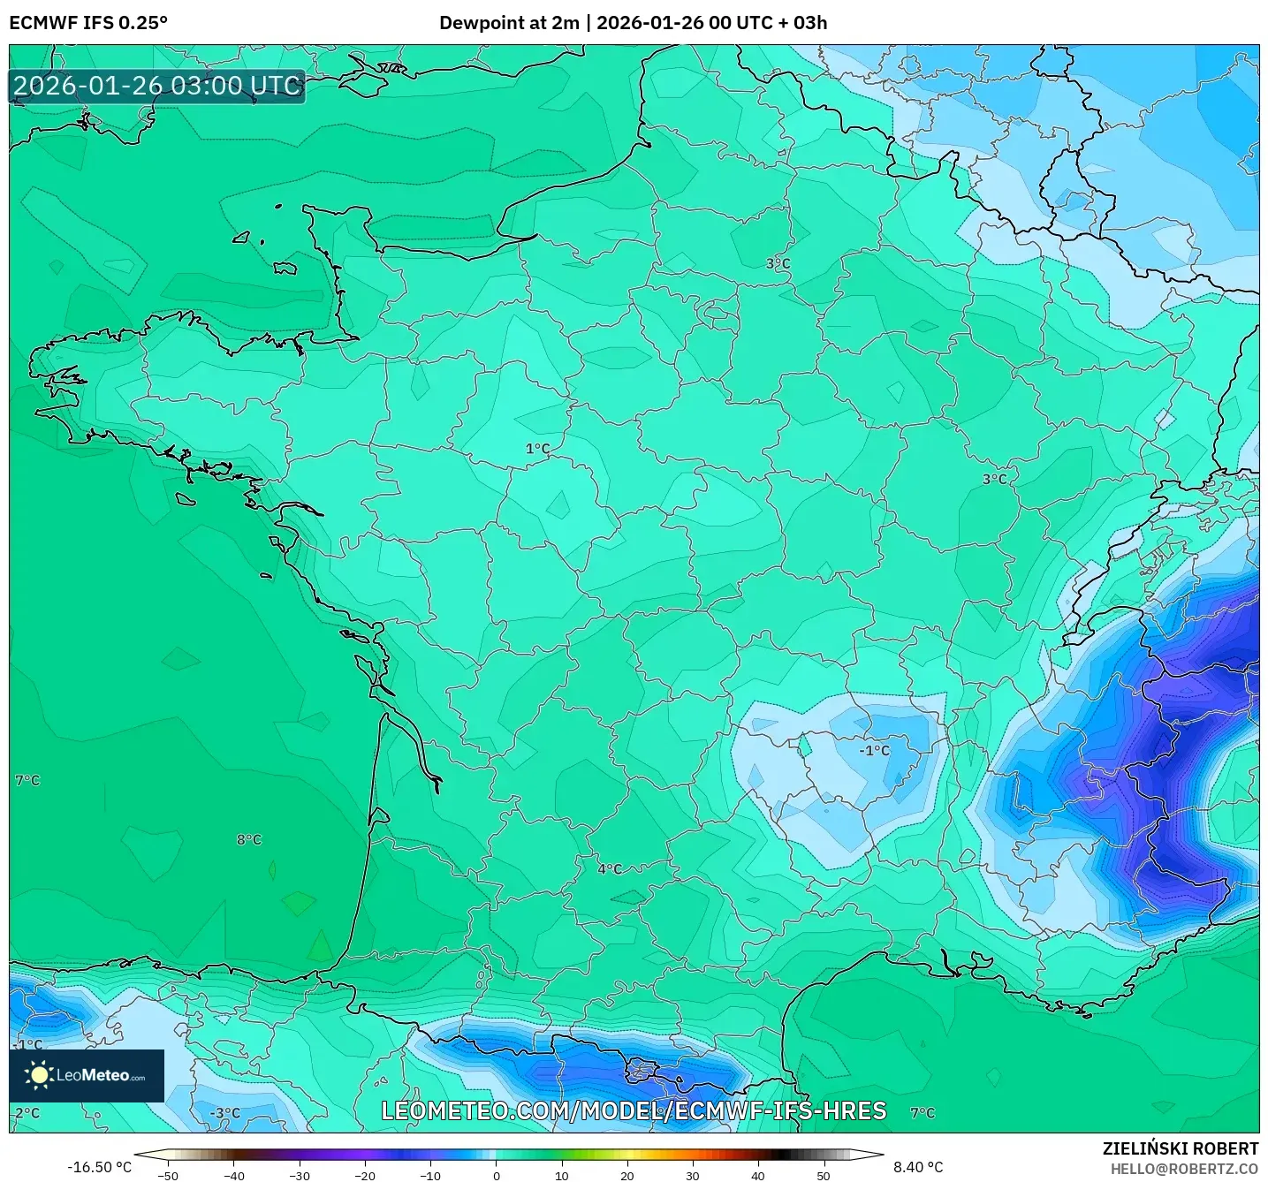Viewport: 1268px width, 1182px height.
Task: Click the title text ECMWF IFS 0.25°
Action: (88, 23)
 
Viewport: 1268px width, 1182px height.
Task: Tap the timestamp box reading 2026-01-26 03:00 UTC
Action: (157, 87)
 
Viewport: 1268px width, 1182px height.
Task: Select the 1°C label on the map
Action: (537, 449)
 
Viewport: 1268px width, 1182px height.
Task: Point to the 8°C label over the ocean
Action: (249, 839)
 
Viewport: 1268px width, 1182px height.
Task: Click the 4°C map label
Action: (610, 869)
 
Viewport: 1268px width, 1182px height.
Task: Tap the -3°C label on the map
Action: (225, 1113)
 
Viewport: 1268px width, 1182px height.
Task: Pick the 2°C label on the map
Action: (27, 1113)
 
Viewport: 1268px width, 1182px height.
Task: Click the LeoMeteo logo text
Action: (100, 1076)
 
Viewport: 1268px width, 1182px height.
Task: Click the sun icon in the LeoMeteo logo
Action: (39, 1075)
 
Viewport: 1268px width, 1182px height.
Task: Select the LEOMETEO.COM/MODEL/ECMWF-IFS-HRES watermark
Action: (634, 1111)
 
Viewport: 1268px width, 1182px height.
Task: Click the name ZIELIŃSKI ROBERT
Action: (1181, 1148)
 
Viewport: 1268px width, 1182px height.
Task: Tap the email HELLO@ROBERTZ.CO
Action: (1184, 1169)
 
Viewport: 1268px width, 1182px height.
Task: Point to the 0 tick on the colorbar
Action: (497, 1176)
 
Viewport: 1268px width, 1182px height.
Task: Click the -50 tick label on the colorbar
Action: (168, 1176)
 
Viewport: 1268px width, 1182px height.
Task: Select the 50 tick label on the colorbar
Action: (824, 1176)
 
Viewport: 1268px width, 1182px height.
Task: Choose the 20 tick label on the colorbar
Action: (627, 1176)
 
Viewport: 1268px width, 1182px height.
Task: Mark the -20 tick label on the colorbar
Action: (365, 1176)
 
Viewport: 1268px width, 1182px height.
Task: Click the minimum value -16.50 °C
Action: (99, 1167)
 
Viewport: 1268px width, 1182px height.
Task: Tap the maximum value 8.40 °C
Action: (918, 1167)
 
